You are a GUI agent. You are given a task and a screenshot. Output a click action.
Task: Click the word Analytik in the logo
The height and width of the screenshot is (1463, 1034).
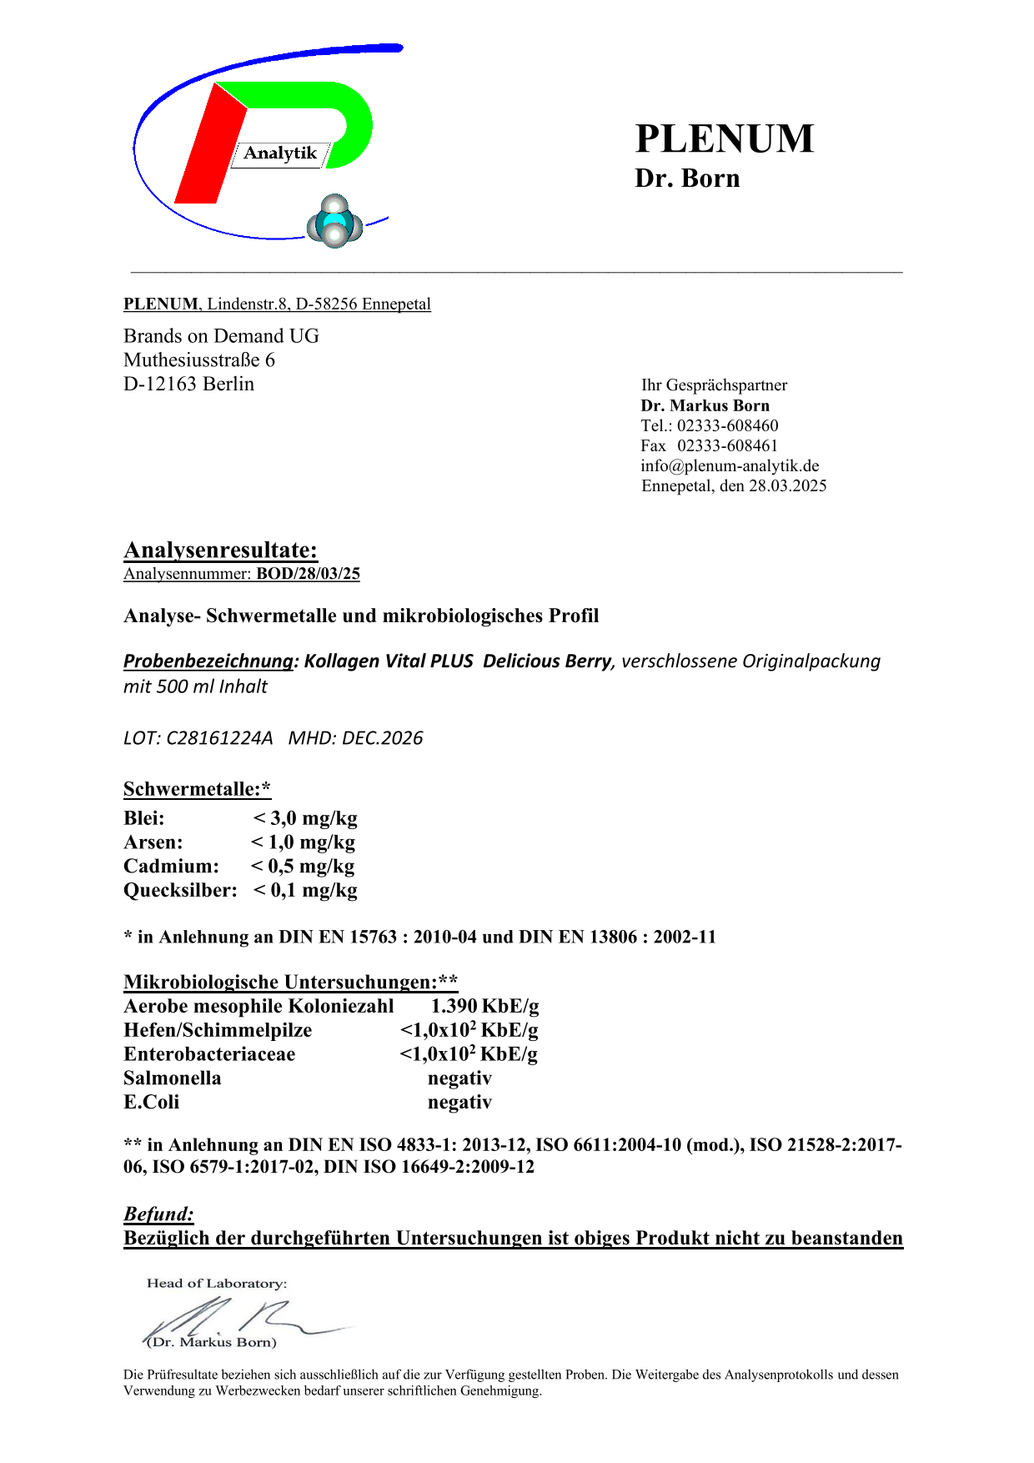(280, 153)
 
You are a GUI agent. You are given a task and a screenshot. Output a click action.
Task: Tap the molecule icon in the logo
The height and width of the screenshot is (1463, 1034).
(334, 222)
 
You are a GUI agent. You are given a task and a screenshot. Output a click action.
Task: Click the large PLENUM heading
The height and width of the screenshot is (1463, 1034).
(724, 138)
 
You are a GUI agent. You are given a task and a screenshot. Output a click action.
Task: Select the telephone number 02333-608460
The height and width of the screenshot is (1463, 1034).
(727, 425)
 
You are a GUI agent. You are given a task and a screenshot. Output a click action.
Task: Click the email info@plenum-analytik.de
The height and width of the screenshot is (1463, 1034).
(730, 465)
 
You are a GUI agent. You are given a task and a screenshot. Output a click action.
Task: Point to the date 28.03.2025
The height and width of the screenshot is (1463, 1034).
(787, 485)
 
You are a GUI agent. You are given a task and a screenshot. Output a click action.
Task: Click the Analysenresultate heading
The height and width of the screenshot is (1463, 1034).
(220, 550)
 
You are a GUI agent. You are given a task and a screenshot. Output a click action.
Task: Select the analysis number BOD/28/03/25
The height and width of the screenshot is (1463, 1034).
(308, 573)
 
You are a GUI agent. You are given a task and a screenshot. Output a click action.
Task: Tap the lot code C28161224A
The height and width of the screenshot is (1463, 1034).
(219, 738)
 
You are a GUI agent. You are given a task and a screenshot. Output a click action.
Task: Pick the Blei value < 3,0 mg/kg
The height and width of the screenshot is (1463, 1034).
(305, 818)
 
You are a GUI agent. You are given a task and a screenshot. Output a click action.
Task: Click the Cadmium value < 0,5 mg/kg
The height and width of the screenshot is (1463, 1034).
(303, 867)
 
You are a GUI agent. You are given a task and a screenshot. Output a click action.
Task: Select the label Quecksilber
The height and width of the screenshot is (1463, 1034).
(180, 891)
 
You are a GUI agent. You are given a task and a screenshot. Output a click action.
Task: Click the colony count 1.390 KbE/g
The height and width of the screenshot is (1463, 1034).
(484, 1006)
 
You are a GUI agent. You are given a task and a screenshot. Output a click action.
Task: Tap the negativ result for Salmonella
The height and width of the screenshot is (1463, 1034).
(459, 1078)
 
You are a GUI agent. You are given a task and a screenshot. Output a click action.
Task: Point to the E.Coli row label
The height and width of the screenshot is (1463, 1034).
(151, 1103)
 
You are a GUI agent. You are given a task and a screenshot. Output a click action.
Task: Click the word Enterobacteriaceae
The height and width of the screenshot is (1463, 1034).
(209, 1054)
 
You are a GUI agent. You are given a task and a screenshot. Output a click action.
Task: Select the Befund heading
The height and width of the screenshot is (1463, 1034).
(158, 1214)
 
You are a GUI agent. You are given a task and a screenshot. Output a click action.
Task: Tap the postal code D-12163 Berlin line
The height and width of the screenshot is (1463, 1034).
(188, 384)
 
